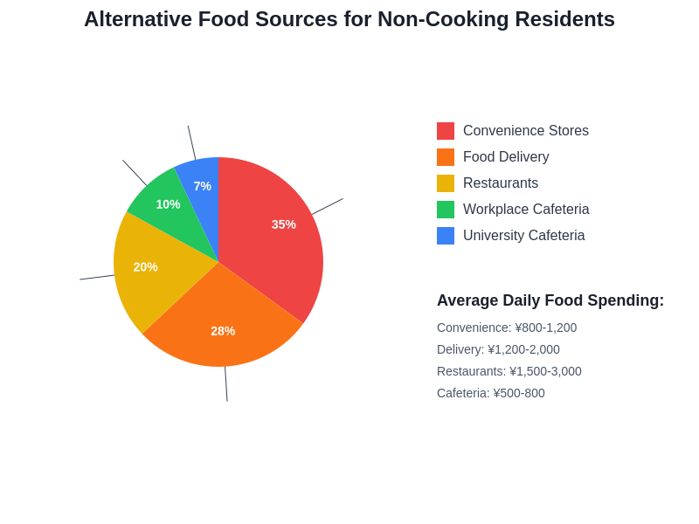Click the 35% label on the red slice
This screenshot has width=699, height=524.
(284, 224)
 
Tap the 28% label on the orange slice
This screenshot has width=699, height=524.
(223, 331)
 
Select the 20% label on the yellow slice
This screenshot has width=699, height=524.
(146, 267)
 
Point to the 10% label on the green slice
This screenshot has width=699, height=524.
(168, 204)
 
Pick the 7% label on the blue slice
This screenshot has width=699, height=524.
(203, 186)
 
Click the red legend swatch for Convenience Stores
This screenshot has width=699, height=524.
(446, 131)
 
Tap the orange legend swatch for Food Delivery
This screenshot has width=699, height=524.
(446, 157)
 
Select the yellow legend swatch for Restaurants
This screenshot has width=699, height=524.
(446, 183)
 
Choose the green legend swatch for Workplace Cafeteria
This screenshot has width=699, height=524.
(446, 210)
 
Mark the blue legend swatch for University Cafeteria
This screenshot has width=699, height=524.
(446, 236)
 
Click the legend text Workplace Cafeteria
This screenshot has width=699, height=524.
(526, 210)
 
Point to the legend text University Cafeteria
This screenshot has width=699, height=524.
(524, 236)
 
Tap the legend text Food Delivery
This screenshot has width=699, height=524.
(506, 157)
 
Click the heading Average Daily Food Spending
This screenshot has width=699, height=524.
(550, 300)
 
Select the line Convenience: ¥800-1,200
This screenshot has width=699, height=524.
(507, 327)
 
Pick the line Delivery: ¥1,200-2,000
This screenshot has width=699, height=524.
(498, 349)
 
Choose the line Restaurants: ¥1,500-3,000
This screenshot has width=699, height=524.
(509, 371)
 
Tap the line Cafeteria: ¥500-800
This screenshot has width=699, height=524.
(491, 393)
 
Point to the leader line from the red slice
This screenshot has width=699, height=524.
(328, 206)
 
